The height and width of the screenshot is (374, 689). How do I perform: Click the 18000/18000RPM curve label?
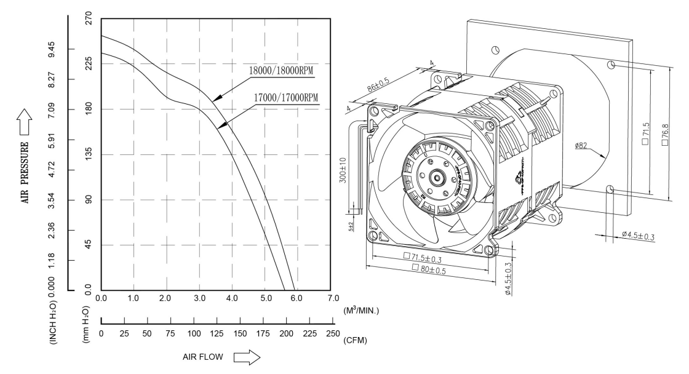[281, 71]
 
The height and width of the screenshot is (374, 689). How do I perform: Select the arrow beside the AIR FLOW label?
[248, 357]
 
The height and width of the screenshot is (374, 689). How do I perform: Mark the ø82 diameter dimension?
[583, 146]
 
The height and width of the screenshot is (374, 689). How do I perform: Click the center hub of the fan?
[437, 178]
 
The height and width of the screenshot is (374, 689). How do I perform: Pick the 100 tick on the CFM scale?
[193, 333]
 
